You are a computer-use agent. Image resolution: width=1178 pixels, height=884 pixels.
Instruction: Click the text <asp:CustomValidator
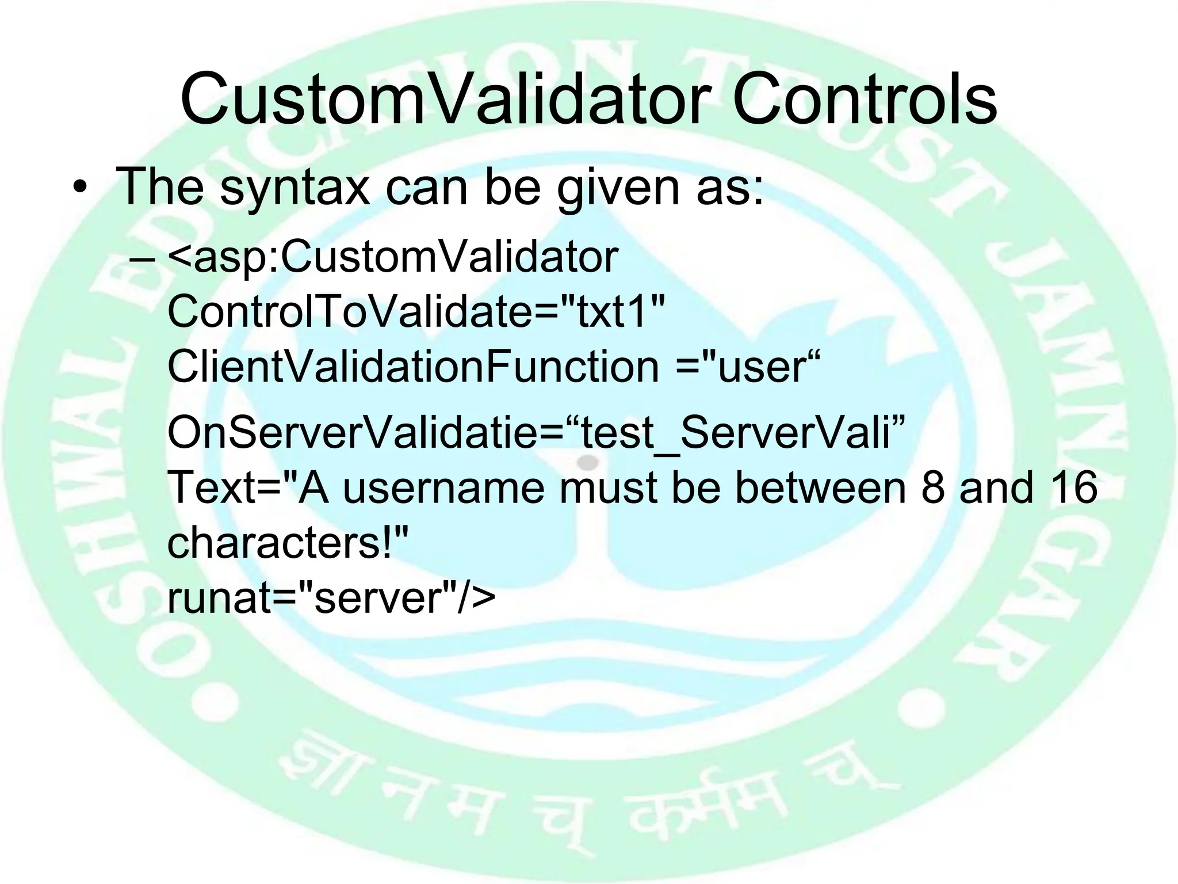393,257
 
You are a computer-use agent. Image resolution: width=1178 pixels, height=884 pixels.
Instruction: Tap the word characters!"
288,542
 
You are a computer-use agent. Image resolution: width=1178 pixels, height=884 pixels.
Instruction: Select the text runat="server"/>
331,597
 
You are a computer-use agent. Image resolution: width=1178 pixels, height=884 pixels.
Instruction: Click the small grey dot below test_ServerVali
587,462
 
